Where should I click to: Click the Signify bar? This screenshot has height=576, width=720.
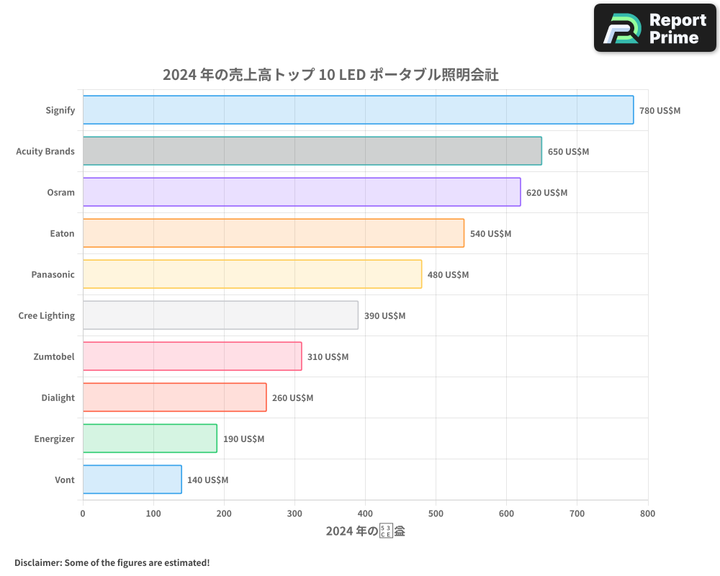[358, 110]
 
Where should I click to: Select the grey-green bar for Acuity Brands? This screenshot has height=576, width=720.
[312, 151]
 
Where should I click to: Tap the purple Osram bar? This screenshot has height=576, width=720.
[301, 192]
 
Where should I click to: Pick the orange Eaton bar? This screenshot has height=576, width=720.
[273, 233]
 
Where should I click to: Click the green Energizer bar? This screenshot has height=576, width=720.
[150, 438]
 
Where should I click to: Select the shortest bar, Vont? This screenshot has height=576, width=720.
[132, 480]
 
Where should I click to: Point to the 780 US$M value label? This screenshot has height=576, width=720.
[660, 111]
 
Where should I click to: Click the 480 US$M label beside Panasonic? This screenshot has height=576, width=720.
[448, 275]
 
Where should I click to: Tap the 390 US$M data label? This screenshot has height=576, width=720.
[384, 316]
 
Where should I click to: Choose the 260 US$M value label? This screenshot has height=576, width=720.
[292, 398]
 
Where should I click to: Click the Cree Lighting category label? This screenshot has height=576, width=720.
[47, 315]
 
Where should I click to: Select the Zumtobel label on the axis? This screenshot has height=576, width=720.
[54, 356]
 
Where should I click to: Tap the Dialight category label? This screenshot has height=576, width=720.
[58, 397]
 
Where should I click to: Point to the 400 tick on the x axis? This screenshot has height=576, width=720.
[365, 514]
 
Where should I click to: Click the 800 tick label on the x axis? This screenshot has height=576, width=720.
[647, 514]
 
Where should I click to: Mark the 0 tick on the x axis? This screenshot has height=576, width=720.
[83, 514]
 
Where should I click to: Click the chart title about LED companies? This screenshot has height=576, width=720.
[330, 75]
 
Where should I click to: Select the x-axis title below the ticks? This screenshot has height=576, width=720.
[365, 532]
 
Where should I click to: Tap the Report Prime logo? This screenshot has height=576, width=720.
[655, 28]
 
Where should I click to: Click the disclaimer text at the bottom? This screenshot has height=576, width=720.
[112, 563]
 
